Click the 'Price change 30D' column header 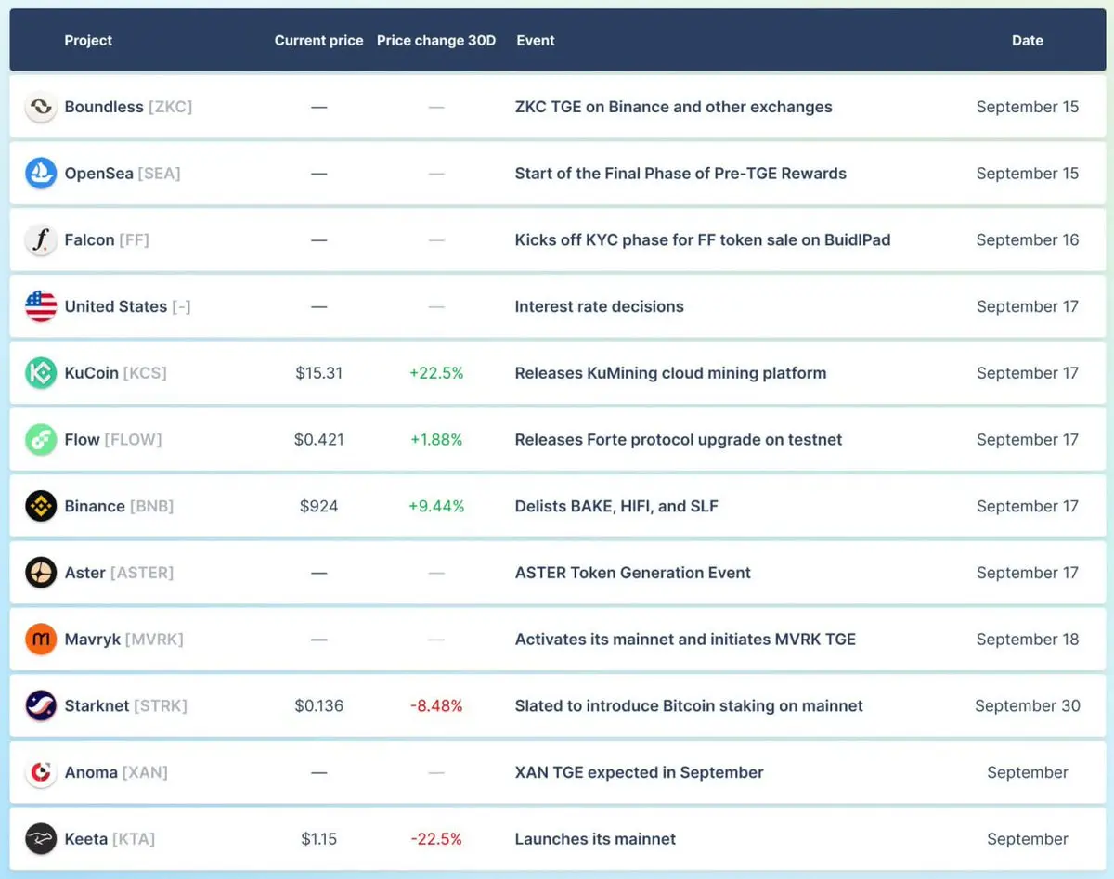coord(436,41)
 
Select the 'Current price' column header coord(318,41)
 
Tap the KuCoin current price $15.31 coord(319,373)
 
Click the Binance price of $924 coord(319,506)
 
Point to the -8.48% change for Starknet coord(436,705)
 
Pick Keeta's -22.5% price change coord(436,839)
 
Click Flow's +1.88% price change coord(436,440)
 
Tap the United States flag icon coord(41,306)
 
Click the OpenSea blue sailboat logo coord(41,174)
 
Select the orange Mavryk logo coord(41,640)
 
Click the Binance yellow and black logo coord(41,506)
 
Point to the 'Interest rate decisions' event coord(599,306)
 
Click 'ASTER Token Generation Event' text coord(632,573)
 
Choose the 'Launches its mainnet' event coord(595,839)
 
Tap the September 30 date coord(1027,705)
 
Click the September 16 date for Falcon coord(1027,240)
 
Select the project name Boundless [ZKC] coord(128,107)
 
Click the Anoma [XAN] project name coord(116,772)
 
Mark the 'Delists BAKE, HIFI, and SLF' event coord(616,506)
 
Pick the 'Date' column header coord(1027,41)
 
